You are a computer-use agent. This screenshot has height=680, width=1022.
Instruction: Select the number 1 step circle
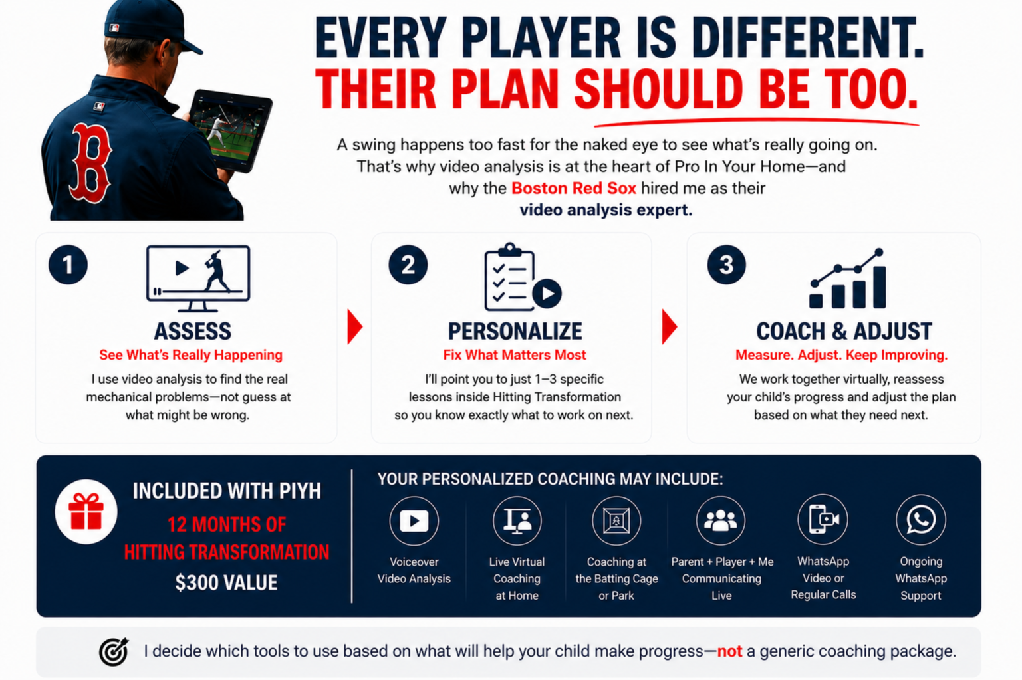click(68, 265)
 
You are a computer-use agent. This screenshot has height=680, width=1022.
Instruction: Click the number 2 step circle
click(408, 265)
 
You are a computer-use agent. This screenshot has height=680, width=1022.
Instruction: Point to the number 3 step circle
click(726, 265)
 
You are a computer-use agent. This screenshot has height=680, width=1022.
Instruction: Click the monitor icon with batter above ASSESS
click(198, 279)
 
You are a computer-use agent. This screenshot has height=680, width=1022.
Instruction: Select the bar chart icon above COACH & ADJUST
click(848, 279)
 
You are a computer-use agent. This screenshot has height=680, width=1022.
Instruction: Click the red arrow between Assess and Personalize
click(354, 326)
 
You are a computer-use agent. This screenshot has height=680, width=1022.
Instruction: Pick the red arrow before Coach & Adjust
click(670, 326)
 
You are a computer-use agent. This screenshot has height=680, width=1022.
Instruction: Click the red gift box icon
click(86, 511)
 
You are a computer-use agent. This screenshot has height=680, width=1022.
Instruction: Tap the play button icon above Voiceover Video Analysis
click(414, 521)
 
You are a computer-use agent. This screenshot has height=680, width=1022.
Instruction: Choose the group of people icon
click(720, 521)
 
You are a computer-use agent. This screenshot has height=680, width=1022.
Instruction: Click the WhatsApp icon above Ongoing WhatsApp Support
click(921, 520)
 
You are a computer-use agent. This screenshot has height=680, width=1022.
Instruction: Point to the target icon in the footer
click(114, 651)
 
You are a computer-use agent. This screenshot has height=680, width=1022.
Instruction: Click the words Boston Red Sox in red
click(574, 188)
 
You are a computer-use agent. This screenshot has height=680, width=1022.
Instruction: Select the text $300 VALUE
click(226, 583)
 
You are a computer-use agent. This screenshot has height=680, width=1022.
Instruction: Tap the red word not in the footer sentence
click(729, 651)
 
